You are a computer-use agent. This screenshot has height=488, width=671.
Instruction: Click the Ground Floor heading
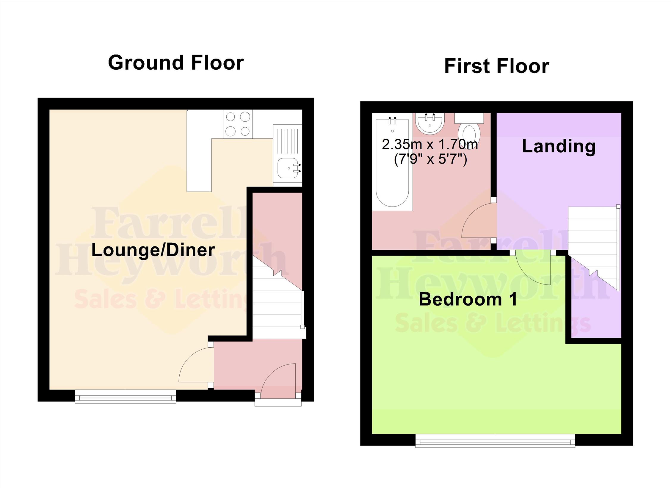[x=176, y=62]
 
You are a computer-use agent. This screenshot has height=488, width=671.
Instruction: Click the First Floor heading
[x=496, y=66]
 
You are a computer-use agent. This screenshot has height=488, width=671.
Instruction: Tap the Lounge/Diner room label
[x=153, y=250]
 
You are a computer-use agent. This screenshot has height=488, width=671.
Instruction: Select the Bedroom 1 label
[x=468, y=299]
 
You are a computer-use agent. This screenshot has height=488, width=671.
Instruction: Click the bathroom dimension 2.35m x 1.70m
[x=430, y=145]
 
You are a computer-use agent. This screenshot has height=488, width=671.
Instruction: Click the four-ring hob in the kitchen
[x=238, y=124]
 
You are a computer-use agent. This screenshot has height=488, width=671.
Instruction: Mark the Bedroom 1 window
[x=495, y=441]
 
